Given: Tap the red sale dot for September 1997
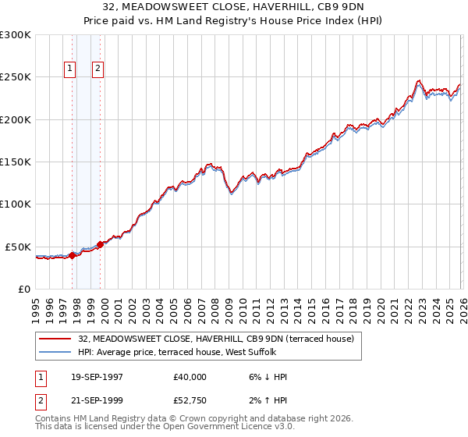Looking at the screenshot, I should click(x=73, y=254).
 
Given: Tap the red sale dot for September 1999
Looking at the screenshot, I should click(x=100, y=244).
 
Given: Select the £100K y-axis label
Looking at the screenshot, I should click(x=16, y=204).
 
